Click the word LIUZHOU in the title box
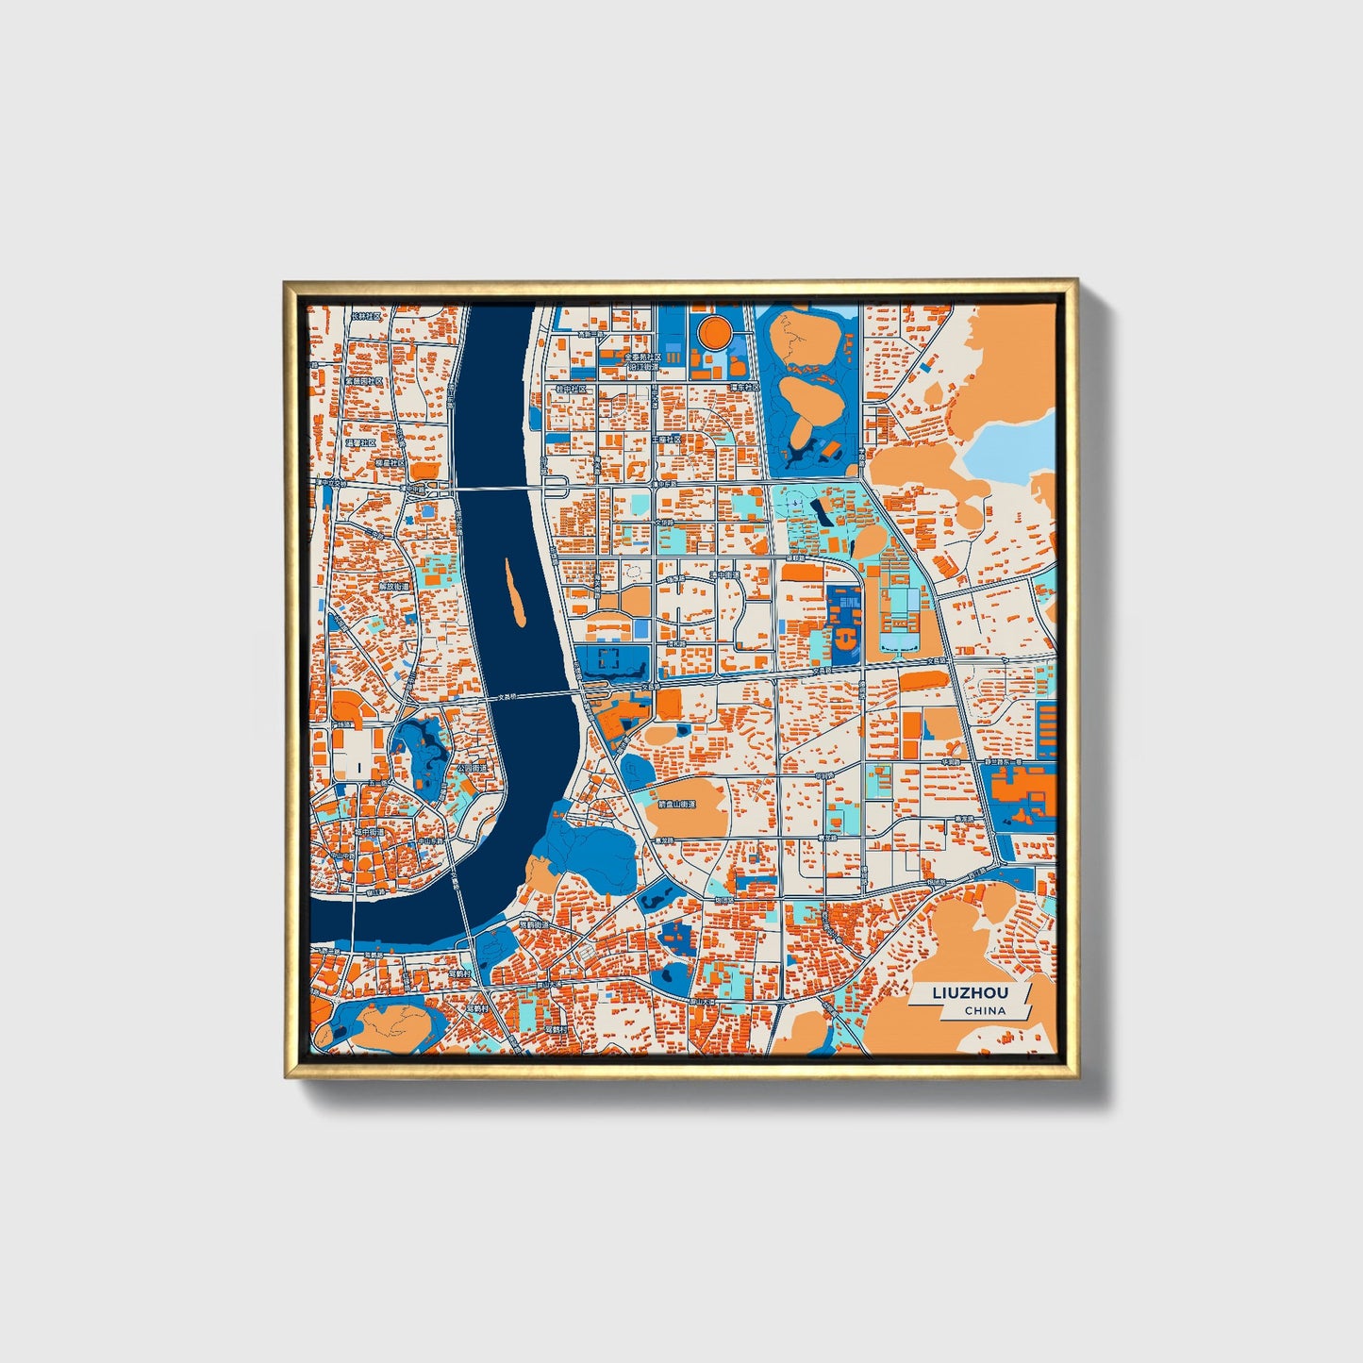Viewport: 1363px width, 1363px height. pyautogui.click(x=970, y=992)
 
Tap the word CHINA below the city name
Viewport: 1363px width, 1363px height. pyautogui.click(x=985, y=1011)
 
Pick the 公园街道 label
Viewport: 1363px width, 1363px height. pyautogui.click(x=471, y=769)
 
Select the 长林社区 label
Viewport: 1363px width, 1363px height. pyautogui.click(x=365, y=317)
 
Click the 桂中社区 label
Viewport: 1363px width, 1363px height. pyautogui.click(x=571, y=389)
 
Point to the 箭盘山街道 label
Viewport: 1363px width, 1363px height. pyautogui.click(x=675, y=805)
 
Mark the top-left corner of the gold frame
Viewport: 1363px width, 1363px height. pyautogui.click(x=285, y=281)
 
